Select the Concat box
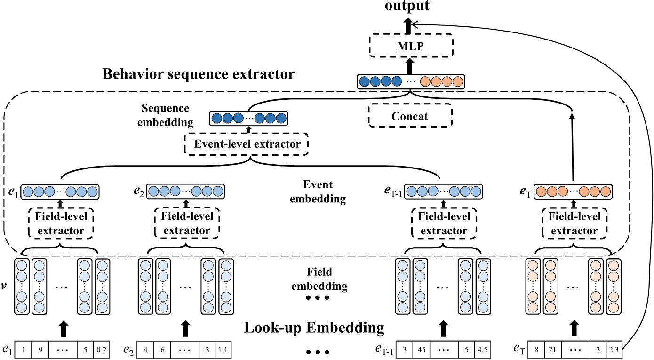(409, 116)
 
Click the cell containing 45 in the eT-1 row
(423, 350)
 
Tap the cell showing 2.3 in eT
(614, 350)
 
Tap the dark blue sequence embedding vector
(248, 118)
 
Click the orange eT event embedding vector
(574, 192)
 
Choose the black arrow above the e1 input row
(62, 328)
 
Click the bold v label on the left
(4, 285)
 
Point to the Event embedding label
(318, 192)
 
